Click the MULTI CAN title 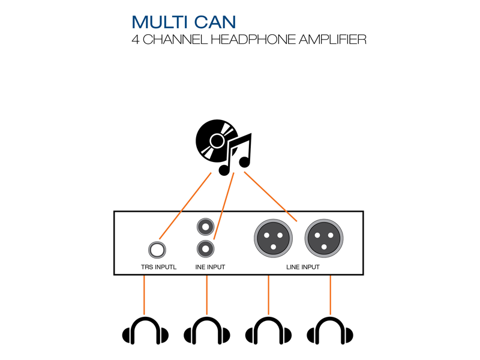click(x=184, y=22)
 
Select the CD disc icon click(x=215, y=142)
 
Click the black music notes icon click(x=237, y=155)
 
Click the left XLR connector click(x=272, y=237)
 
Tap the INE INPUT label click(x=210, y=267)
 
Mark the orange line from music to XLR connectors click(x=270, y=195)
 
